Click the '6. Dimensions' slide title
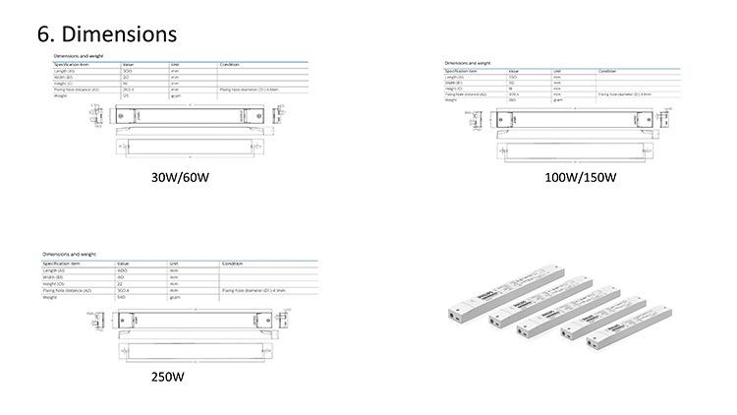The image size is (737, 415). tap(107, 32)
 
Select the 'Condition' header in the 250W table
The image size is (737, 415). tap(232, 265)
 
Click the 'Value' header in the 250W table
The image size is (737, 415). tap(125, 265)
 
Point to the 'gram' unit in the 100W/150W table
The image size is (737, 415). tap(557, 100)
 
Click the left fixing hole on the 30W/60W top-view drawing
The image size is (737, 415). tap(122, 115)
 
